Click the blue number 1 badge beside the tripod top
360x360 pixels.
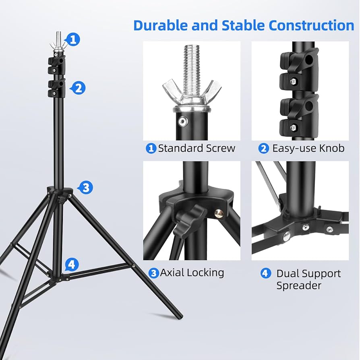click(73, 39)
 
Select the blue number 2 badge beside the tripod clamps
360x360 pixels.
click(79, 87)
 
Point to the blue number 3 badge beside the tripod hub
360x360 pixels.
click(86, 187)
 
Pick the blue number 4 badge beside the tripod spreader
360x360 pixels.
click(71, 265)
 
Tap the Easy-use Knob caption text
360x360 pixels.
click(308, 148)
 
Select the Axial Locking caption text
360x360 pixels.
click(192, 273)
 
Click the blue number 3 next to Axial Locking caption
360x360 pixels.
click(153, 273)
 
